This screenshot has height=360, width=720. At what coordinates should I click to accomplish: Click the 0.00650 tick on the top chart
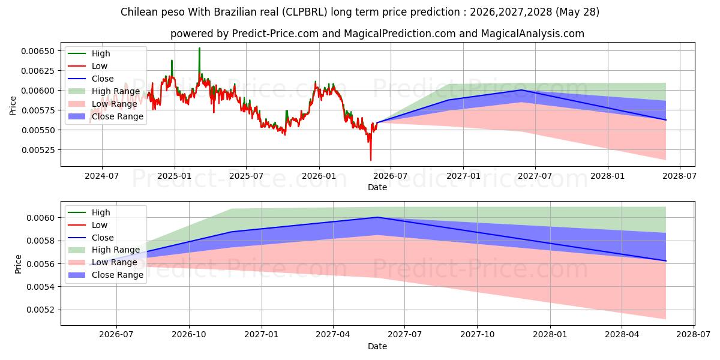(38, 51)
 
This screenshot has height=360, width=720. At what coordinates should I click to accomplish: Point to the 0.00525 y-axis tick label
(38, 150)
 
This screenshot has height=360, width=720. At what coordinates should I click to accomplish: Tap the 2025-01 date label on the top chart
(175, 176)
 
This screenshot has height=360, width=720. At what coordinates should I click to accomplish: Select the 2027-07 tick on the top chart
(535, 176)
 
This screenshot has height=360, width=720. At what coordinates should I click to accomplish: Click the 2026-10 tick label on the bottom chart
(189, 335)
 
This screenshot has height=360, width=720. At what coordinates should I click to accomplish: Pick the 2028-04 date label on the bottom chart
(622, 335)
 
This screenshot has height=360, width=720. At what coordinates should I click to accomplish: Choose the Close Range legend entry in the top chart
(106, 116)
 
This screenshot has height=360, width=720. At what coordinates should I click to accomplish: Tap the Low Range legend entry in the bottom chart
(102, 262)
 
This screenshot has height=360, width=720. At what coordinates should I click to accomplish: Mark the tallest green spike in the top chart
(199, 48)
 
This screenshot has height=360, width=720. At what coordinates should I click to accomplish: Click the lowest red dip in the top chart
(371, 160)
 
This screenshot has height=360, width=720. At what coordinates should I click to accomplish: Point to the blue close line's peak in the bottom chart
(379, 217)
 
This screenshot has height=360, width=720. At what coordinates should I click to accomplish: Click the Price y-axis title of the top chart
(13, 106)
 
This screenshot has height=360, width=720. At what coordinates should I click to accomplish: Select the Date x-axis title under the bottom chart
(377, 346)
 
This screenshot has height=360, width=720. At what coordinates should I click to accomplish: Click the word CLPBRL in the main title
(305, 12)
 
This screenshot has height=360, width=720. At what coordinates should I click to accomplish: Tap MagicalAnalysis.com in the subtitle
(533, 34)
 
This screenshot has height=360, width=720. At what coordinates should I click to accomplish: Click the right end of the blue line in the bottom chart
(666, 260)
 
